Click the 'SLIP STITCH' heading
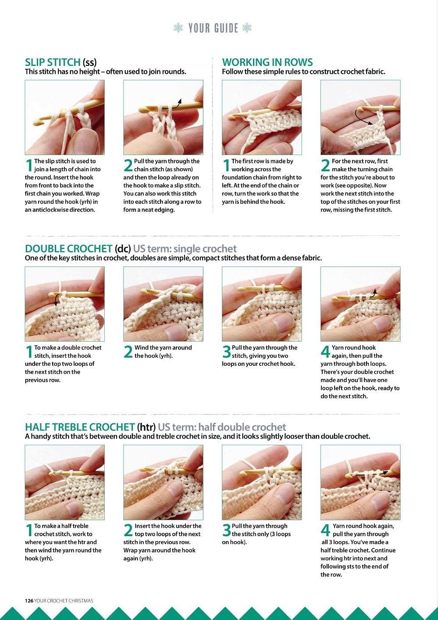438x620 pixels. click(x=53, y=62)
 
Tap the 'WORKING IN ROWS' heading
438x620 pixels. click(x=267, y=62)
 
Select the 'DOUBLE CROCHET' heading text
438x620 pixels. click(x=68, y=249)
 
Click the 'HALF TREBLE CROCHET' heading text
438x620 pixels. click(x=80, y=427)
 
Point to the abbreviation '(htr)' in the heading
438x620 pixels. click(x=146, y=427)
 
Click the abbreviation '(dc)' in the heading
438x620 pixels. click(x=123, y=249)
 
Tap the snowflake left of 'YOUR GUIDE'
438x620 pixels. click(x=178, y=28)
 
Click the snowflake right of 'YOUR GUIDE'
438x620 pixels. click(x=247, y=28)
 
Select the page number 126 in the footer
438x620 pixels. click(x=29, y=601)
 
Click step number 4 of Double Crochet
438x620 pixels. click(x=325, y=352)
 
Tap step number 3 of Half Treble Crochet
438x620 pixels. click(x=226, y=530)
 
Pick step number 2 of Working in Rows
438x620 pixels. click(x=325, y=165)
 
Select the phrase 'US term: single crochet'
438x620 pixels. click(x=185, y=249)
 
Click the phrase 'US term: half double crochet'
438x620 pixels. click(x=221, y=427)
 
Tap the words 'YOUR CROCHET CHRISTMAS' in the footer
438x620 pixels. click(x=64, y=601)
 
